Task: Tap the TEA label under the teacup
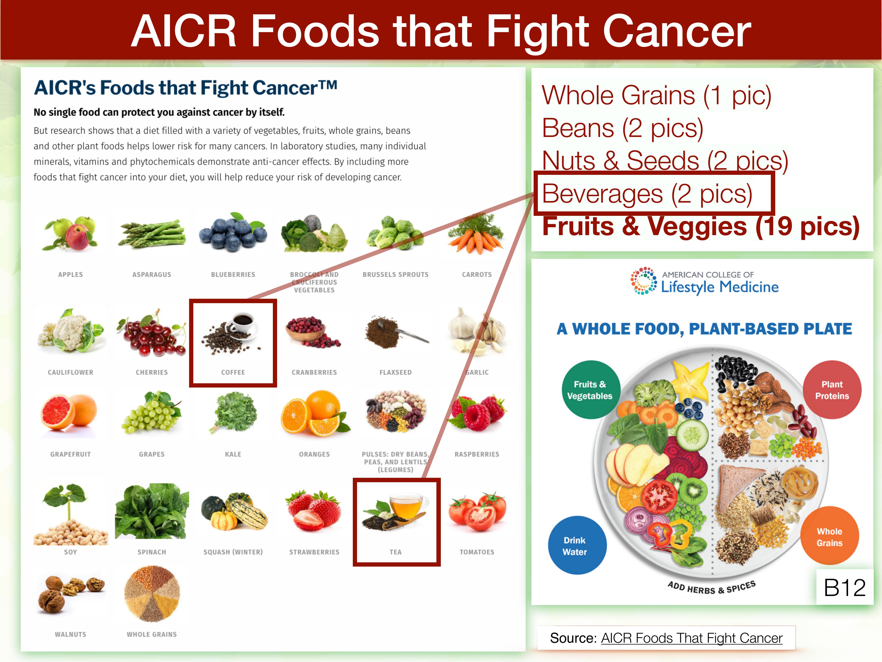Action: point(396,552)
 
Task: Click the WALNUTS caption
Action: point(71,634)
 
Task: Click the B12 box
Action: point(845,587)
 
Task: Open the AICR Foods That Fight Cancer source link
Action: point(691,638)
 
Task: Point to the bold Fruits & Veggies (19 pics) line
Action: point(701,226)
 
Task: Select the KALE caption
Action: point(233,454)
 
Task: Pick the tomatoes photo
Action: point(477,512)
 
